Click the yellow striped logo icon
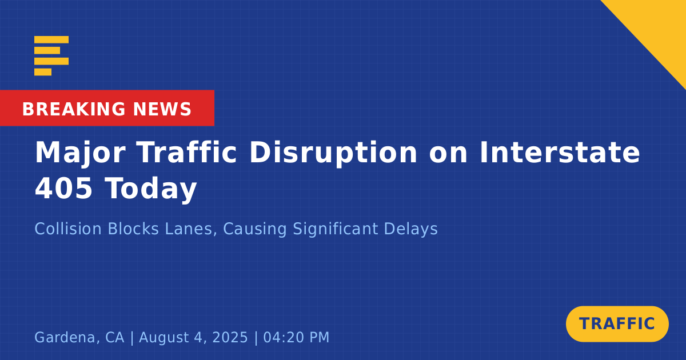(x=51, y=56)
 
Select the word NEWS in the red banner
(x=162, y=109)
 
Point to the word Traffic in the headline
(x=187, y=152)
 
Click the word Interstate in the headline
(x=560, y=152)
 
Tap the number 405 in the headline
(x=63, y=188)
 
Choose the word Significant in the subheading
(x=336, y=230)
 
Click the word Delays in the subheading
(x=410, y=230)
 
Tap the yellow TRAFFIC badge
(x=617, y=324)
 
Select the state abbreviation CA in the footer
(x=115, y=337)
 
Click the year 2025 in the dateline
(x=230, y=337)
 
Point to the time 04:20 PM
(x=296, y=337)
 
